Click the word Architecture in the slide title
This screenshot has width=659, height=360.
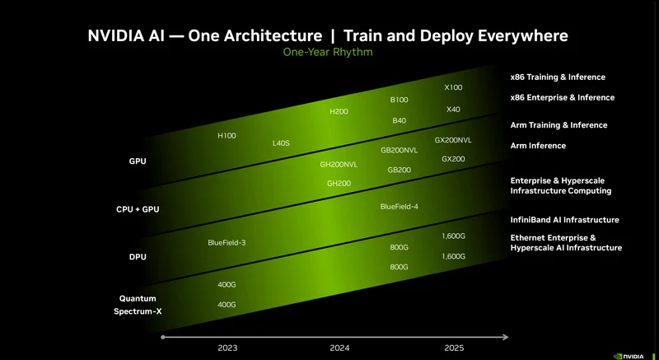tap(270, 36)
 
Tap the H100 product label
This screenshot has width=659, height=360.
tap(227, 135)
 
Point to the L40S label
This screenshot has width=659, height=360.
tap(281, 143)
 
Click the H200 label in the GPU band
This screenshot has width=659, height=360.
tap(339, 111)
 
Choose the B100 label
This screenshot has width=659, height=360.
tap(399, 100)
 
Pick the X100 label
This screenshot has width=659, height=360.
tap(453, 87)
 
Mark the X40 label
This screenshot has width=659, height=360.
tap(453, 110)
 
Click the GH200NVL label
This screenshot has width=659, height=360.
tap(339, 165)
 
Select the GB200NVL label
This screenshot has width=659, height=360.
tap(399, 151)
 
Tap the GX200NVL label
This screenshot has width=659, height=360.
tap(453, 140)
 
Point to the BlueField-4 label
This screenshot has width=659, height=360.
tap(399, 206)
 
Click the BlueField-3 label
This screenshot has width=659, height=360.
tap(227, 242)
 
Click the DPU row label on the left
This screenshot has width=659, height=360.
tap(138, 257)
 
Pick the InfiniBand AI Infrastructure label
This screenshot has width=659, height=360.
tap(564, 220)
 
